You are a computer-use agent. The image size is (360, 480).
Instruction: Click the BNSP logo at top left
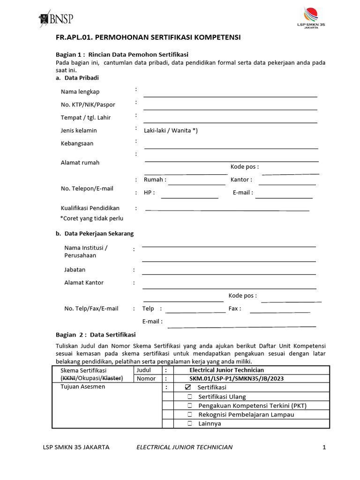pos(56,19)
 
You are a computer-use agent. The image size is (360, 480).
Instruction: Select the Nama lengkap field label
pos(80,91)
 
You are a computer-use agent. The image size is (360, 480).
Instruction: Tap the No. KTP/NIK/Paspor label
pos(88,105)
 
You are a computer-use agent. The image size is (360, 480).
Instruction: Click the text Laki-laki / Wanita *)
pos(171,130)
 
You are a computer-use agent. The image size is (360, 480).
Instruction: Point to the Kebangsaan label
pos(77,143)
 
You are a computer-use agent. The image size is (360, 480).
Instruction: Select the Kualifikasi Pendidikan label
pos(90,208)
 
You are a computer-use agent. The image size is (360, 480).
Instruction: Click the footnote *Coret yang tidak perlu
pos(92,218)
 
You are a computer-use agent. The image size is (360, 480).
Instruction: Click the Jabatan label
pos(75,270)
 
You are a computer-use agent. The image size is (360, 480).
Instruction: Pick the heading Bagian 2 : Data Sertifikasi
pos(96,335)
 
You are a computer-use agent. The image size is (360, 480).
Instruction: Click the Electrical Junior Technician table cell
pos(226,370)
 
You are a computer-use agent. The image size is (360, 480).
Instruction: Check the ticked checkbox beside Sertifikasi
pos(187,388)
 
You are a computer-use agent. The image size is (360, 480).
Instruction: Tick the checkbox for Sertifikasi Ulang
pos(190,397)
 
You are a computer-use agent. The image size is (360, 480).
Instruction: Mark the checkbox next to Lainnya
pos(190,423)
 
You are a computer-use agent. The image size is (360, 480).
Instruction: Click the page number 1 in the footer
pos(323,447)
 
